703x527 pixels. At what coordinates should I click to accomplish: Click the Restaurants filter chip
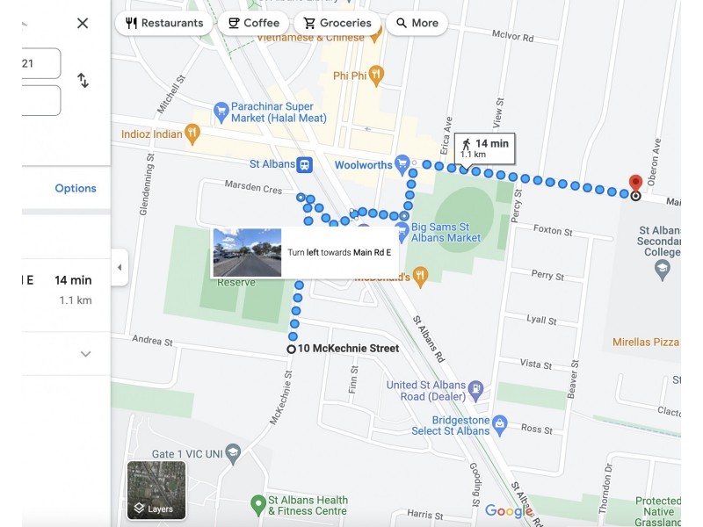(164, 23)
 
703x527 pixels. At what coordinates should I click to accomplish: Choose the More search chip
(417, 23)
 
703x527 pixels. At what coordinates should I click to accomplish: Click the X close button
(83, 23)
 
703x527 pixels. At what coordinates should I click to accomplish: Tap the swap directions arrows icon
(83, 80)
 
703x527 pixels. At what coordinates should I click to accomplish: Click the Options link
(76, 188)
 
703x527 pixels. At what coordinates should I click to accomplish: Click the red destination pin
(635, 184)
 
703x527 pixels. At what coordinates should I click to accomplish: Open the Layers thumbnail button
(156, 490)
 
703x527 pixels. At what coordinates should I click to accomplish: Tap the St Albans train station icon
(303, 164)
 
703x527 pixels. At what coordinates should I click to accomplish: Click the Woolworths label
(363, 164)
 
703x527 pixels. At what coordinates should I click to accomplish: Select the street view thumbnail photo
(247, 252)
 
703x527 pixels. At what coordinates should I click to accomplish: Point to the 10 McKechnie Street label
(348, 349)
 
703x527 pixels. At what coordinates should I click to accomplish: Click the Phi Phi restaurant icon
(376, 75)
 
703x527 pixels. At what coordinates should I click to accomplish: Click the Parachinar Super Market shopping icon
(221, 112)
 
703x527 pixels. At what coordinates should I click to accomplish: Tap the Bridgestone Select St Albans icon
(500, 424)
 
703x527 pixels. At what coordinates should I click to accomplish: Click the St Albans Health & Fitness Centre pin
(257, 505)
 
